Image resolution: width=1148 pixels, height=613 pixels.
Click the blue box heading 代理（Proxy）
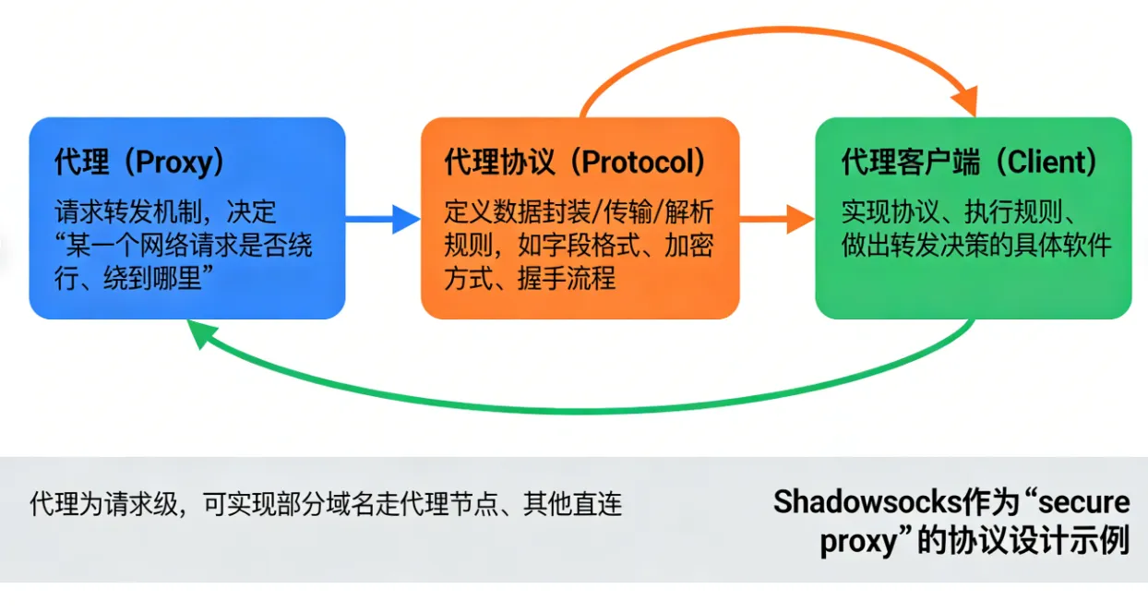click(139, 162)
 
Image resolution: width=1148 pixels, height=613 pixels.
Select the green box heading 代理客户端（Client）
click(970, 162)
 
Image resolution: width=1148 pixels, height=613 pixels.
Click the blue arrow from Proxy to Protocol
click(383, 219)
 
